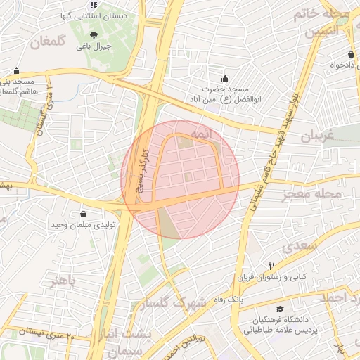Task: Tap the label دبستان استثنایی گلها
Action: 95,15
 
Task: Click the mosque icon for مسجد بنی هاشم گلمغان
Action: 17,70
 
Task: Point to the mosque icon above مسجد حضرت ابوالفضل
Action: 225,78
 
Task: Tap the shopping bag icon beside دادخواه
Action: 350,55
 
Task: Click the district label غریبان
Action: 321,136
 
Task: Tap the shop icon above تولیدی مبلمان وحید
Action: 84,214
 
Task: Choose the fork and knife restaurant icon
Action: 271,266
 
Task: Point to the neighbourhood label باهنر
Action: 62,282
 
